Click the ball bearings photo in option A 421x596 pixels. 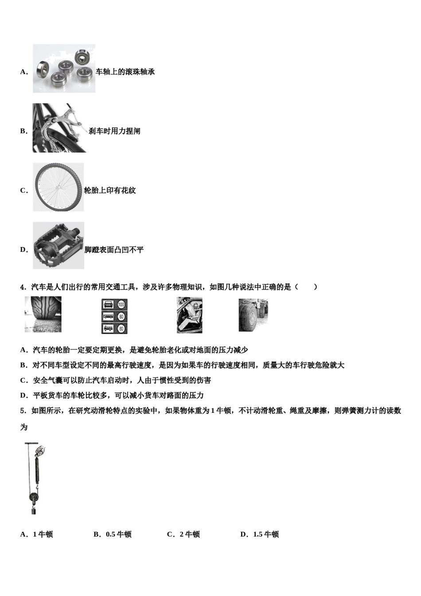pos(64,69)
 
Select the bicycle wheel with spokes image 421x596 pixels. pos(58,187)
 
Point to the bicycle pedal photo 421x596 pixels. pos(58,246)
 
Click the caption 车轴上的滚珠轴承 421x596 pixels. pos(125,72)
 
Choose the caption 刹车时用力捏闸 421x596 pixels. pos(114,131)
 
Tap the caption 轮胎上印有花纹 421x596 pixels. pos(110,191)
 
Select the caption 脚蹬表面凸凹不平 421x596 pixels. pos(114,250)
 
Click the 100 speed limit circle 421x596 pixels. pos(121,305)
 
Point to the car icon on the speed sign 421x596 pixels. pos(108,305)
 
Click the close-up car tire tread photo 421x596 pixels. pos(43,314)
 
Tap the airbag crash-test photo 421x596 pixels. pos(190,315)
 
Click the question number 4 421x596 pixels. pos(23,287)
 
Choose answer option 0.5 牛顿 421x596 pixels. pos(113,534)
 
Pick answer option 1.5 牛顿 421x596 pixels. pos(260,534)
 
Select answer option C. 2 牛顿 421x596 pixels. pos(183,534)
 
